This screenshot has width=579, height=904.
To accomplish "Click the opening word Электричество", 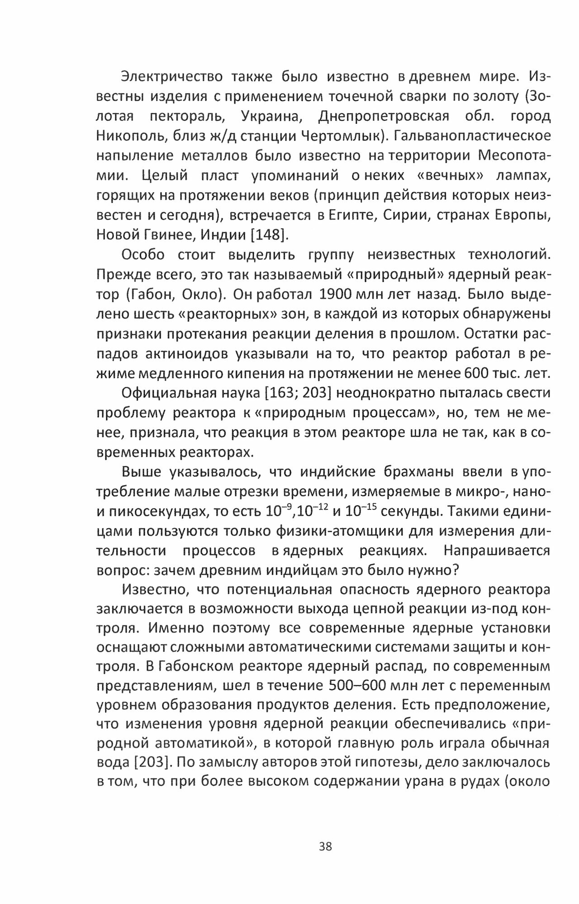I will click(x=172, y=77).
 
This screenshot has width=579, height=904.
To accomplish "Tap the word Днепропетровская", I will click(x=384, y=116).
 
